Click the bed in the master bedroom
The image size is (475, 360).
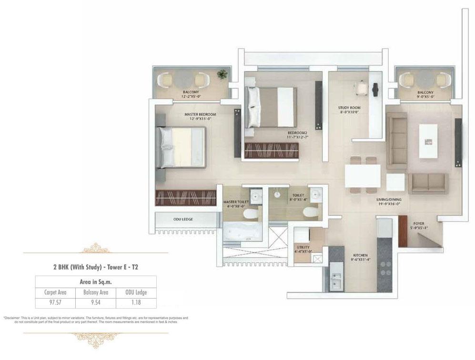(183, 147)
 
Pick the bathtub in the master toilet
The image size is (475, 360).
(243, 232)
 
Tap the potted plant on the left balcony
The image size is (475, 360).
(222, 74)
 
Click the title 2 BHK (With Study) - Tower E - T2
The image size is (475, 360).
(96, 267)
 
